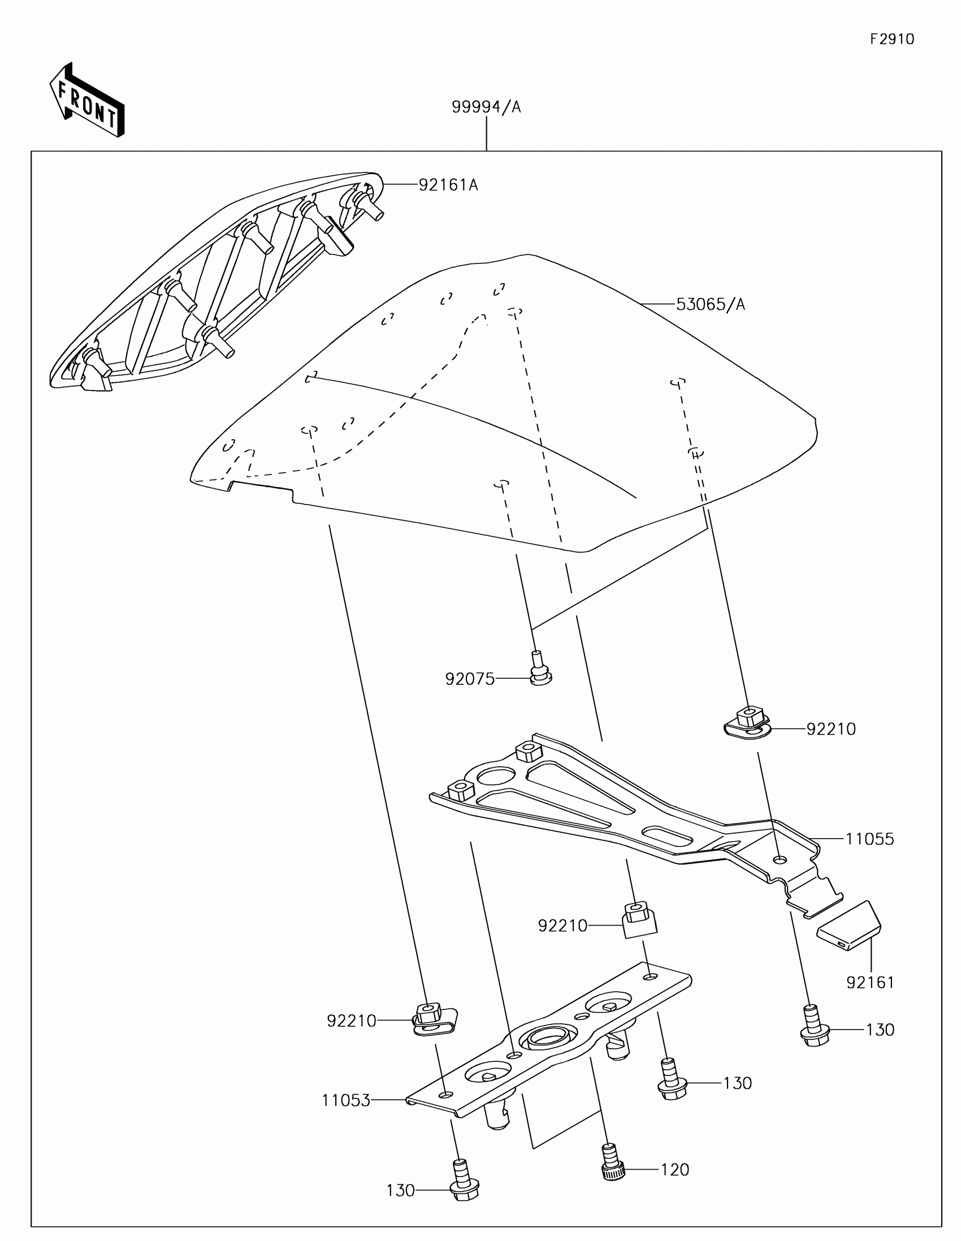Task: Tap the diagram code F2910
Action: click(891, 39)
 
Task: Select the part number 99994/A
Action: click(486, 107)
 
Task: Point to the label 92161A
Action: click(448, 185)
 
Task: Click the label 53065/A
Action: click(711, 305)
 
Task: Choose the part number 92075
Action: click(470, 680)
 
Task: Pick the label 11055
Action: click(869, 839)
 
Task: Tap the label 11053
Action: click(345, 1101)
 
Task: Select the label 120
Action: click(674, 1169)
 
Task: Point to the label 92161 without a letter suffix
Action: click(870, 982)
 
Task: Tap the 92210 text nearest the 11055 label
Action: click(831, 730)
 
